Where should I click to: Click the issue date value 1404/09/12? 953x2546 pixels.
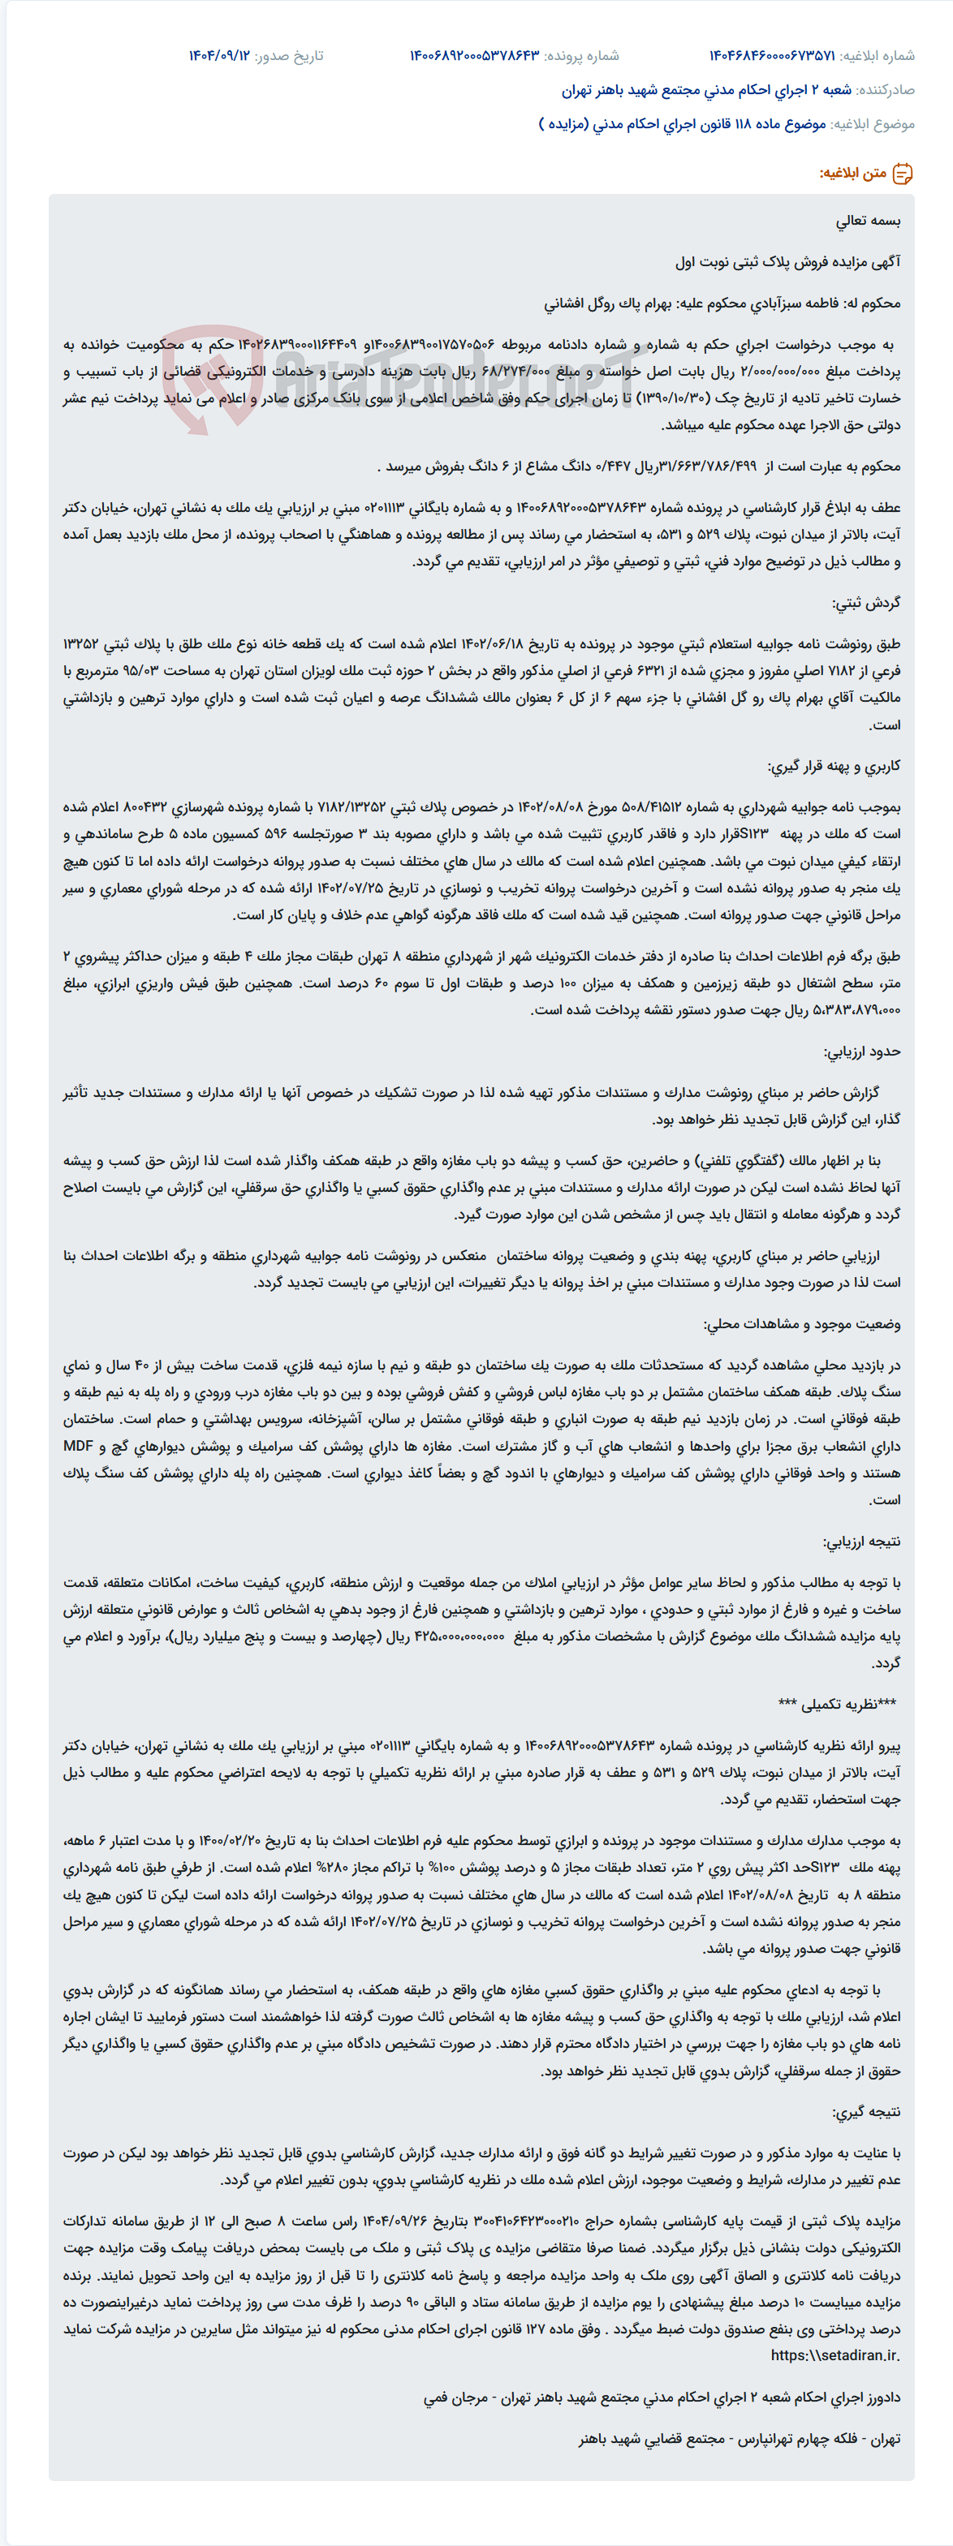click(x=219, y=56)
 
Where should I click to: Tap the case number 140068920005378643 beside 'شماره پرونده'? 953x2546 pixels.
click(x=475, y=56)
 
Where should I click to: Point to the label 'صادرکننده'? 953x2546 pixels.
click(x=886, y=90)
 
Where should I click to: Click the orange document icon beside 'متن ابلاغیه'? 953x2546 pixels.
click(x=903, y=174)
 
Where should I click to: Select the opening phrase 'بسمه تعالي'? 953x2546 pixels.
click(x=868, y=221)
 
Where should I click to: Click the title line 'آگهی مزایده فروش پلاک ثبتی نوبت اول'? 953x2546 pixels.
click(x=788, y=262)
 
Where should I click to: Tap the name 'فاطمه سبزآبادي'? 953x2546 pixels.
click(x=791, y=303)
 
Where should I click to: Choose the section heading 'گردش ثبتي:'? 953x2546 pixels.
click(x=867, y=602)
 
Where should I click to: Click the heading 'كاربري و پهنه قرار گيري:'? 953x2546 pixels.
click(x=834, y=766)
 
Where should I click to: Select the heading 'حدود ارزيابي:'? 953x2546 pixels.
click(x=862, y=1051)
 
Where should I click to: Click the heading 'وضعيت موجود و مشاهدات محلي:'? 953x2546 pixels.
click(x=802, y=1323)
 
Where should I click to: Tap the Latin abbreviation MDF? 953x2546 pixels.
click(x=78, y=1446)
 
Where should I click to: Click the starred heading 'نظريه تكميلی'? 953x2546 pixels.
click(x=838, y=1704)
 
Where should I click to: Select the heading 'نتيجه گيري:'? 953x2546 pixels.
click(x=866, y=2111)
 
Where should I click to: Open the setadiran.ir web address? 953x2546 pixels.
click(x=835, y=2355)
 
